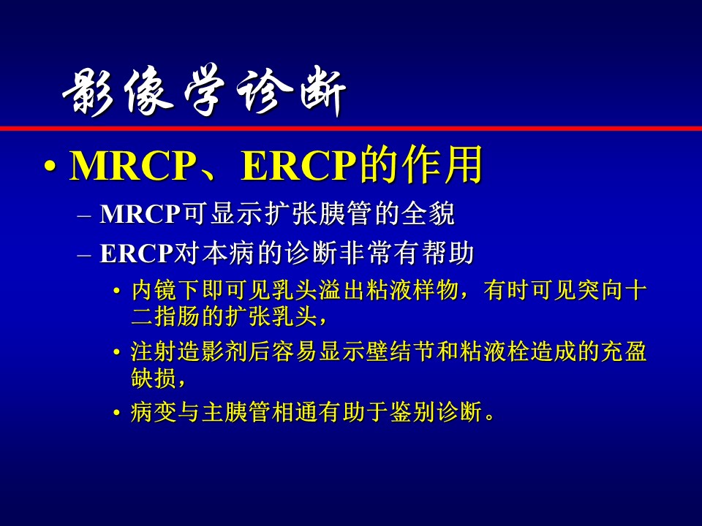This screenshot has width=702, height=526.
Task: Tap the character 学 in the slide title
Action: (x=205, y=90)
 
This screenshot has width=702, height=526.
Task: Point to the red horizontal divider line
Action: (x=351, y=129)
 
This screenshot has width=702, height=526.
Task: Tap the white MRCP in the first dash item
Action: (x=140, y=214)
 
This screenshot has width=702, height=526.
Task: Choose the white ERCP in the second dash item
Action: (x=136, y=254)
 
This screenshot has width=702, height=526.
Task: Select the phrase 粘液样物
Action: (x=411, y=290)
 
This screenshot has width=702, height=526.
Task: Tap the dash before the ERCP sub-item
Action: (x=83, y=255)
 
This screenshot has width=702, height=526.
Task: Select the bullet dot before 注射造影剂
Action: (x=117, y=352)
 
